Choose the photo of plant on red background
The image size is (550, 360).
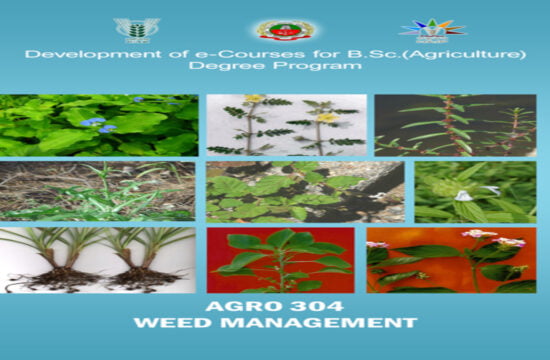(x=280, y=259)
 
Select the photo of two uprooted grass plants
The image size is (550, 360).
(x=98, y=259)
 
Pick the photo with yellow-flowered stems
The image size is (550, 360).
(x=285, y=125)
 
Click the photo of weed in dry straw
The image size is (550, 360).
(x=98, y=191)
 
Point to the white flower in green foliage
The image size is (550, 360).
(x=464, y=195)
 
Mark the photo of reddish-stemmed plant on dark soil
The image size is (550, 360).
(x=456, y=125)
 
